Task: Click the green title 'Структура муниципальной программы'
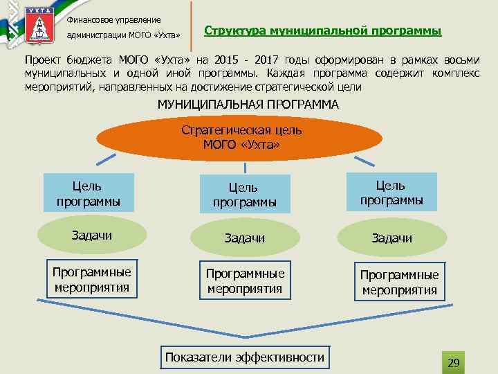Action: (323, 32)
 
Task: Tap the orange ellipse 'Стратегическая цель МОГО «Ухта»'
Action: (241, 137)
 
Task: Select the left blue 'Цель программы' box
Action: (88, 193)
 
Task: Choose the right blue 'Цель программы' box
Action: (391, 193)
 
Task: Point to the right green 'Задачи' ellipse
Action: (391, 238)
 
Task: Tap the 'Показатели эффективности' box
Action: (244, 357)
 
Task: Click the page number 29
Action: (454, 363)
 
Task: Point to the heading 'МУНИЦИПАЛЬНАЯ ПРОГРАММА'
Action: (248, 105)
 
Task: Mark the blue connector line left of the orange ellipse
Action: (106, 159)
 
